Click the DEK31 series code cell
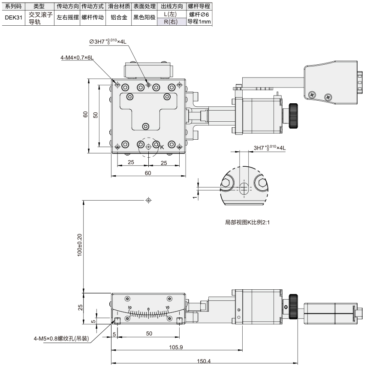14,18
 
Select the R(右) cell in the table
171,22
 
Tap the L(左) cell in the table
171,14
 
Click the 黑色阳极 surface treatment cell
144,18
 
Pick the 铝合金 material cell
119,18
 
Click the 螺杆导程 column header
199,6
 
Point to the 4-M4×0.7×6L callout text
77,57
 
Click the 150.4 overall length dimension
204,361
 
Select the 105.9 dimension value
176,347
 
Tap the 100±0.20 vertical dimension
79,245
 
